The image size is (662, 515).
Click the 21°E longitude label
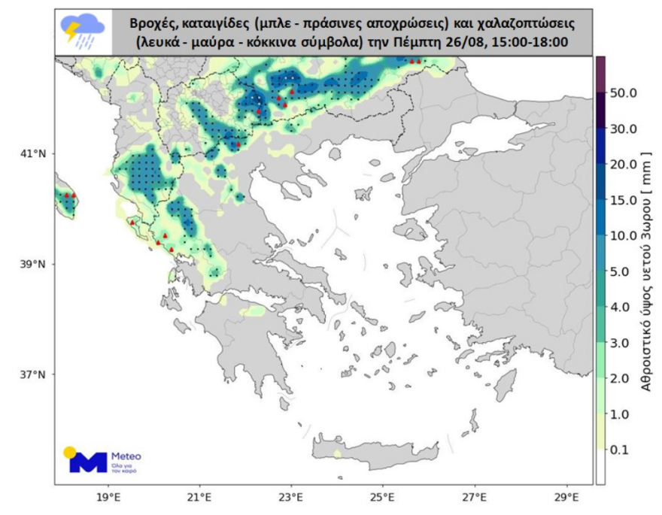pyautogui.click(x=199, y=498)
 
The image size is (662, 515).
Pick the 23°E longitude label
pyautogui.click(x=291, y=498)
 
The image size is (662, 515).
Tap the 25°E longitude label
pyautogui.click(x=383, y=498)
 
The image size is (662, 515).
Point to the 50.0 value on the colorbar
pyautogui.click(x=624, y=93)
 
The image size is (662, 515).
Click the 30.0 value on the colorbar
pyautogui.click(x=624, y=129)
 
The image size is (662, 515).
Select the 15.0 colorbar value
pyautogui.click(x=624, y=200)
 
